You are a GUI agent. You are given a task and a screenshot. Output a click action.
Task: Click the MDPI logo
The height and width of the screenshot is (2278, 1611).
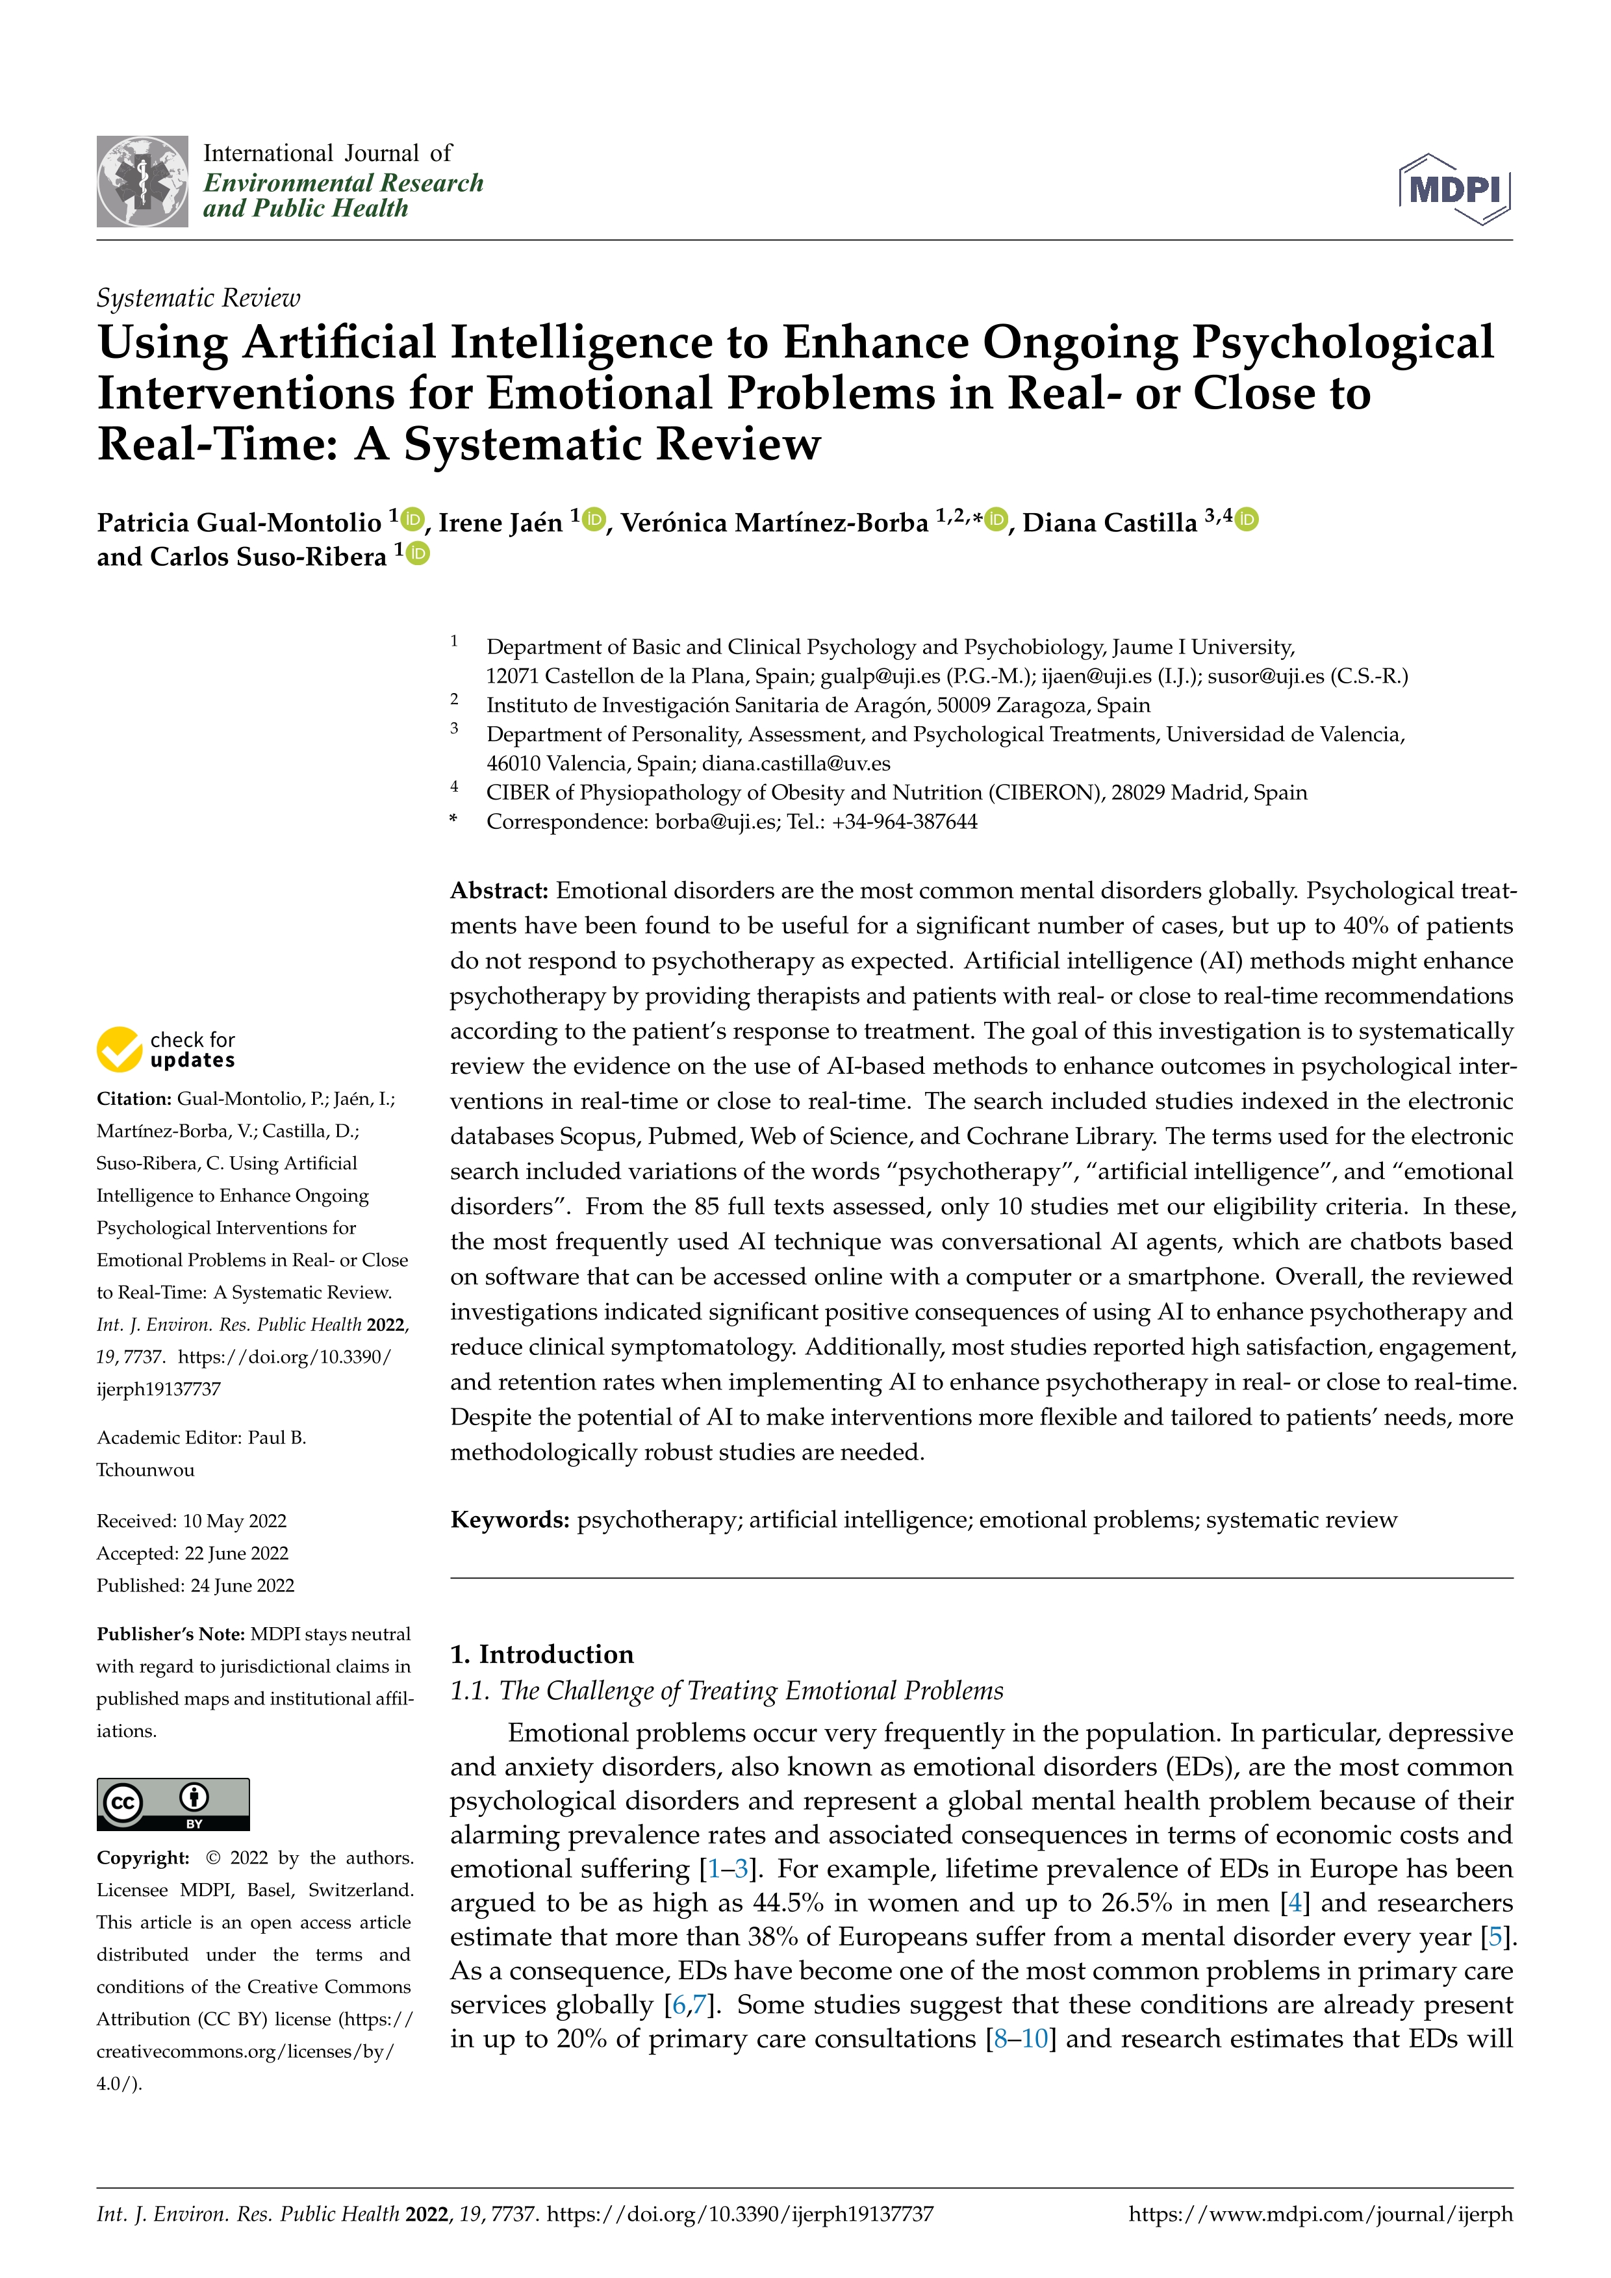tap(1454, 188)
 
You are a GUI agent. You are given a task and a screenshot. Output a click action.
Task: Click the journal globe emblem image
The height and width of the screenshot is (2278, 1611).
tap(142, 182)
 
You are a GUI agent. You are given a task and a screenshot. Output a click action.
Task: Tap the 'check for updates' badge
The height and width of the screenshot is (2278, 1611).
tap(166, 1049)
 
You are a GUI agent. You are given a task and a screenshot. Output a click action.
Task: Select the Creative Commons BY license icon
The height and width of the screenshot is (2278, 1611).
tap(173, 1804)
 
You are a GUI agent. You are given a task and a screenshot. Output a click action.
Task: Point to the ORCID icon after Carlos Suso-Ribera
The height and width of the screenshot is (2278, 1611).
tap(418, 553)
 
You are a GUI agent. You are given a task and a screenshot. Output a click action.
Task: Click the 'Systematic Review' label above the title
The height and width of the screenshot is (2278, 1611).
tap(198, 297)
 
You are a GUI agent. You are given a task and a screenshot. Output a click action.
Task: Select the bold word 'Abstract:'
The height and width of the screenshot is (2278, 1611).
tap(499, 890)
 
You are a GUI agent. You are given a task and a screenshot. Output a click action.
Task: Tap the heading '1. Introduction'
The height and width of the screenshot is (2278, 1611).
tap(542, 1653)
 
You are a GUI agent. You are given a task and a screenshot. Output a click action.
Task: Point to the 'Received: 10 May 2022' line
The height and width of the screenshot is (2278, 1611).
tap(192, 1521)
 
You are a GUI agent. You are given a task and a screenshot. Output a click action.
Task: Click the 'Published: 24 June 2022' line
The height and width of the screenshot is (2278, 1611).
tap(196, 1586)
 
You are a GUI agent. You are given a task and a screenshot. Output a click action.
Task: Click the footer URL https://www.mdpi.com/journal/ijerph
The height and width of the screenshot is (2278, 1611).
tap(1321, 2214)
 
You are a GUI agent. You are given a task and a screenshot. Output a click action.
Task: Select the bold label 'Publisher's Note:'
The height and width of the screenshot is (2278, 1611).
tap(171, 1634)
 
